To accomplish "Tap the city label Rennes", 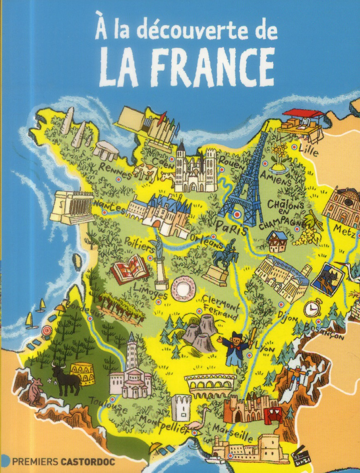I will (116, 168).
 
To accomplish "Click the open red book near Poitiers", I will (129, 270).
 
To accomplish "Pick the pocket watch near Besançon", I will (312, 308).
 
